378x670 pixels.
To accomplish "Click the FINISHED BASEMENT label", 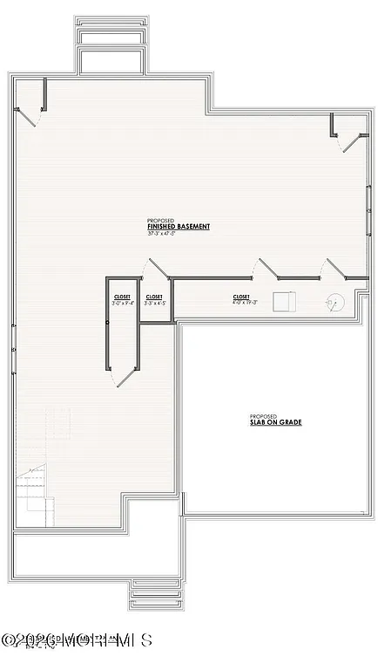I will click(179, 227).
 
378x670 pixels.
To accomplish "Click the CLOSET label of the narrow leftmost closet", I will click(122, 297).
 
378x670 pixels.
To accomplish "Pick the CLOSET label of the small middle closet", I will click(154, 297).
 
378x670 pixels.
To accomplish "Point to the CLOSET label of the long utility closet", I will click(241, 297).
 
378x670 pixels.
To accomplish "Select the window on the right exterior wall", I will click(369, 209).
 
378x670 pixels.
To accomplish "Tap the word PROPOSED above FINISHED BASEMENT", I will click(160, 220).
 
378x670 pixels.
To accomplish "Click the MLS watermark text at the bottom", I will click(70, 641).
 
